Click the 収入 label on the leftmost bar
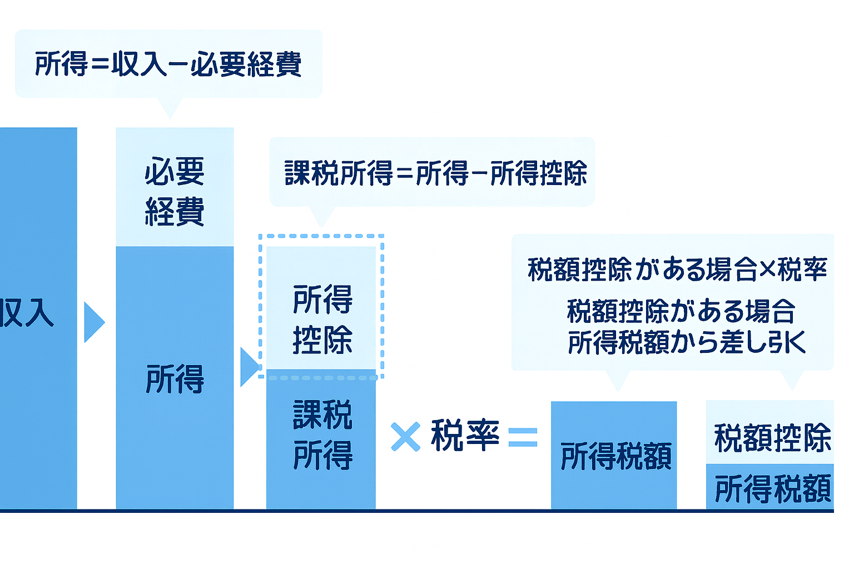[27, 313]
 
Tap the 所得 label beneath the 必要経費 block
[175, 379]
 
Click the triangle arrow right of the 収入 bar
[93, 322]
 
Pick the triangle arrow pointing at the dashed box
[249, 367]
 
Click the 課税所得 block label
[322, 435]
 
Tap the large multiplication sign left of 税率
[405, 437]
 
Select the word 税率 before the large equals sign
[465, 436]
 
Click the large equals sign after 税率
[523, 437]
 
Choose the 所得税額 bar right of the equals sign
[615, 456]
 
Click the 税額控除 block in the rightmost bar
[772, 437]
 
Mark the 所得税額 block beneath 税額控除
[772, 488]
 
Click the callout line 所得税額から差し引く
[686, 342]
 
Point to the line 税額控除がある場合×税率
[677, 269]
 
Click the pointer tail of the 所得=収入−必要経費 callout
[170, 107]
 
